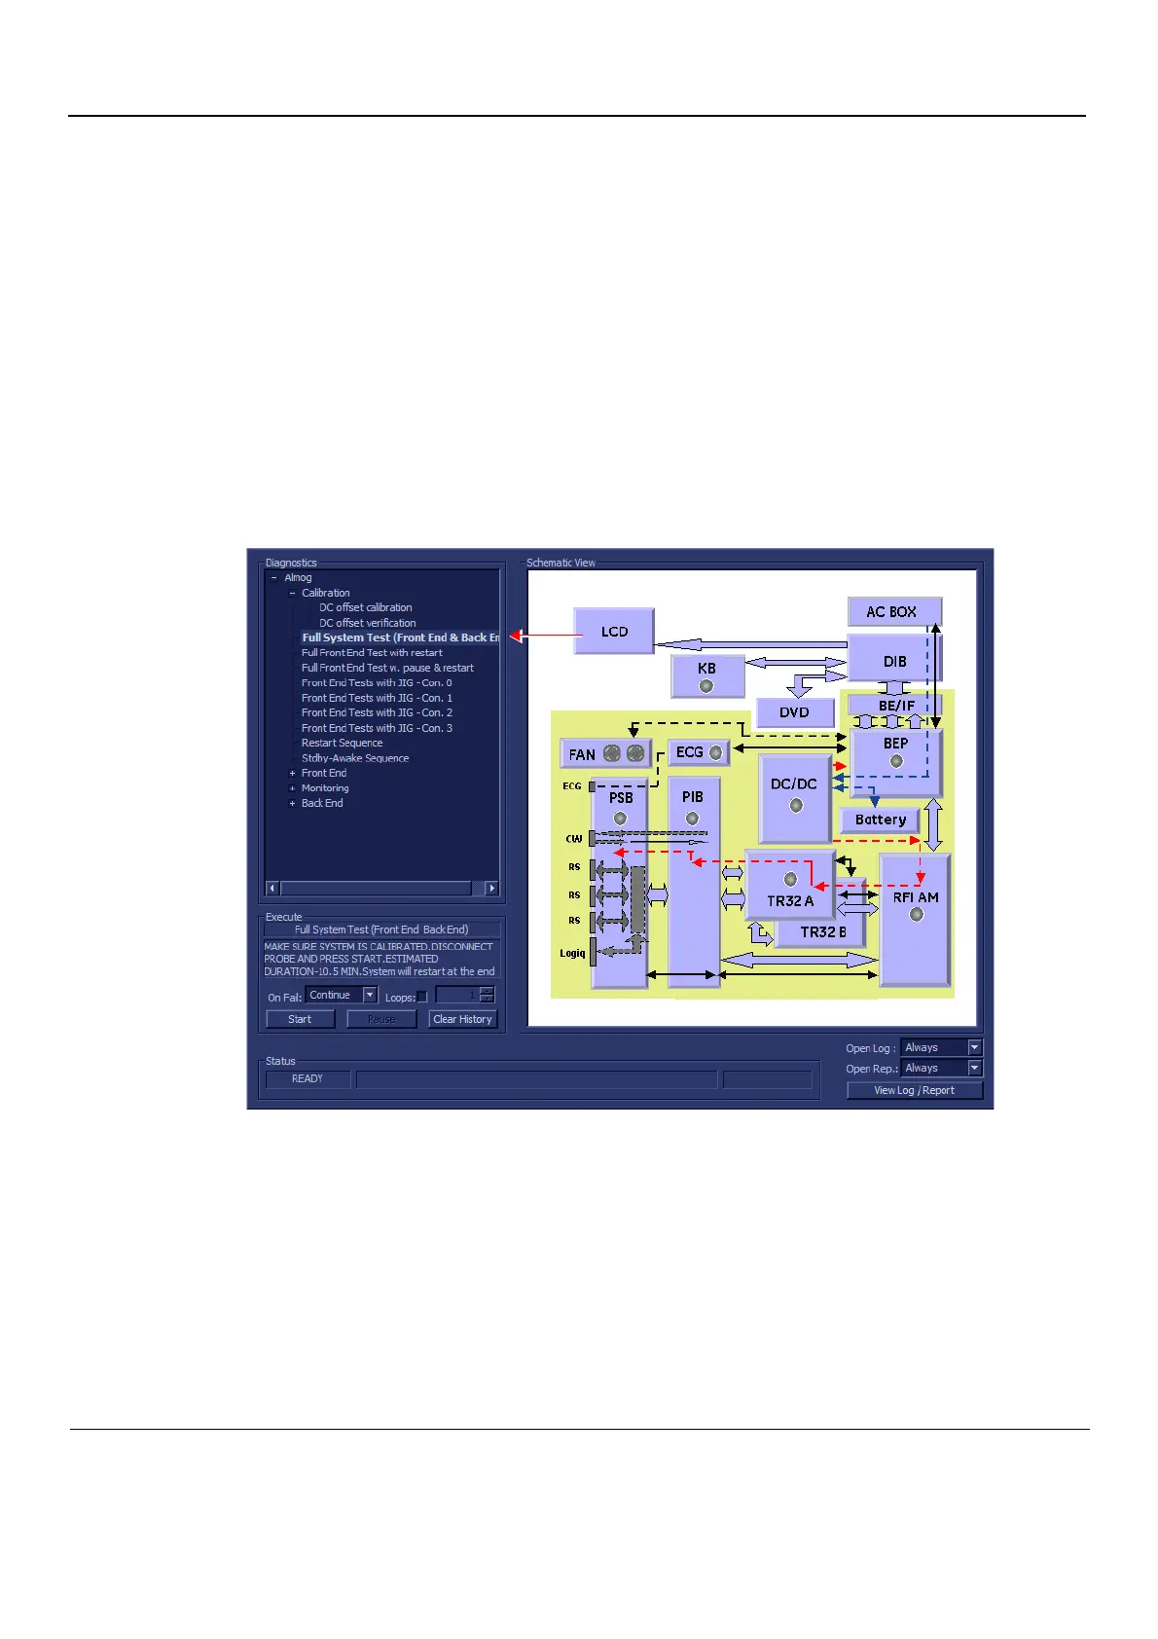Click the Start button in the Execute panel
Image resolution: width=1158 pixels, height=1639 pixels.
tap(300, 1019)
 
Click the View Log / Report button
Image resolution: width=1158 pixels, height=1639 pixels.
tap(914, 1090)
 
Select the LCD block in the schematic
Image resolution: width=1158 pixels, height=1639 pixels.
tap(614, 632)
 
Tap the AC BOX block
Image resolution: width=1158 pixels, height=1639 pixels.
tap(893, 612)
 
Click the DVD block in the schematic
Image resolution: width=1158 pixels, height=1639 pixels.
tap(794, 712)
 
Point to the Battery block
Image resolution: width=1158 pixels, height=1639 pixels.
tap(880, 819)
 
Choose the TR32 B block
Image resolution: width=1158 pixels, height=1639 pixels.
tap(822, 931)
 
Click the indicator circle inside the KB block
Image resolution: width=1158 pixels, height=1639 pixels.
tap(706, 686)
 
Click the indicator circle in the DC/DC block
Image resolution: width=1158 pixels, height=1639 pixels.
tap(796, 805)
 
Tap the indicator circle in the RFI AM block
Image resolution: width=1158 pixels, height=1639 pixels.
tap(916, 915)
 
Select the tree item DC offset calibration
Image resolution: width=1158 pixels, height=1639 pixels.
tap(365, 607)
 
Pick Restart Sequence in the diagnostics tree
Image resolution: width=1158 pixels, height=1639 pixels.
tap(342, 743)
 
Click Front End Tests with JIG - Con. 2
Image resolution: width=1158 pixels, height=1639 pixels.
tap(377, 712)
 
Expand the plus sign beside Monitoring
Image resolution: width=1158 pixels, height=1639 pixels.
tap(292, 788)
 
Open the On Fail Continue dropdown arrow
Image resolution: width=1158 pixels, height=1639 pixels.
tap(370, 995)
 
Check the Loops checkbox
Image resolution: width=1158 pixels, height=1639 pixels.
tap(421, 997)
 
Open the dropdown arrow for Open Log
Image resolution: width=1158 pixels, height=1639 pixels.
tap(975, 1047)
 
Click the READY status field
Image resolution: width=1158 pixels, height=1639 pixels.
tap(308, 1078)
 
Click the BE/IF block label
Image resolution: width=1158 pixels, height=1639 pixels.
tap(896, 706)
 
